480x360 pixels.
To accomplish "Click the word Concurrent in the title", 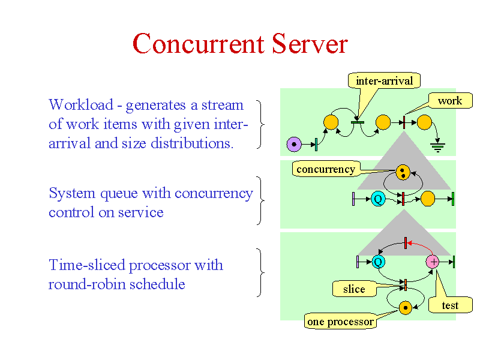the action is click(x=199, y=44).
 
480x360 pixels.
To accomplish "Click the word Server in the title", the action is click(x=310, y=44).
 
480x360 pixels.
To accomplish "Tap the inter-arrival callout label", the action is click(x=384, y=81).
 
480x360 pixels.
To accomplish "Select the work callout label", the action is click(x=450, y=100).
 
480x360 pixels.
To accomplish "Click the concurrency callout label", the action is click(x=326, y=169).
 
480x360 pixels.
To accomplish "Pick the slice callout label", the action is click(x=354, y=289).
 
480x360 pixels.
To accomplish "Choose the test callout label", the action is click(x=450, y=305).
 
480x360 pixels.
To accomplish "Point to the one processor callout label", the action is click(x=340, y=322).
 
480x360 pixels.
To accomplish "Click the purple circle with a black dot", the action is click(x=294, y=144).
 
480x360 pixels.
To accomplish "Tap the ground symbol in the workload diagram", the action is click(x=438, y=147).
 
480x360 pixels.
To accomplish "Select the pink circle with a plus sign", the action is click(x=433, y=262).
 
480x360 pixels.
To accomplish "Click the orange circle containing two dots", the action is click(x=403, y=172).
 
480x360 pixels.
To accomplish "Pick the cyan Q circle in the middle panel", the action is click(x=378, y=199).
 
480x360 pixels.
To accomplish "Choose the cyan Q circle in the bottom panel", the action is click(x=379, y=262).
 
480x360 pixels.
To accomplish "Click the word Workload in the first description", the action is click(x=81, y=104).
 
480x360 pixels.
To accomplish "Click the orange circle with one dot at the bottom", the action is click(x=406, y=308).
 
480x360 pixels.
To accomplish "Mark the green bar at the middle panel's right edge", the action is click(x=453, y=199).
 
